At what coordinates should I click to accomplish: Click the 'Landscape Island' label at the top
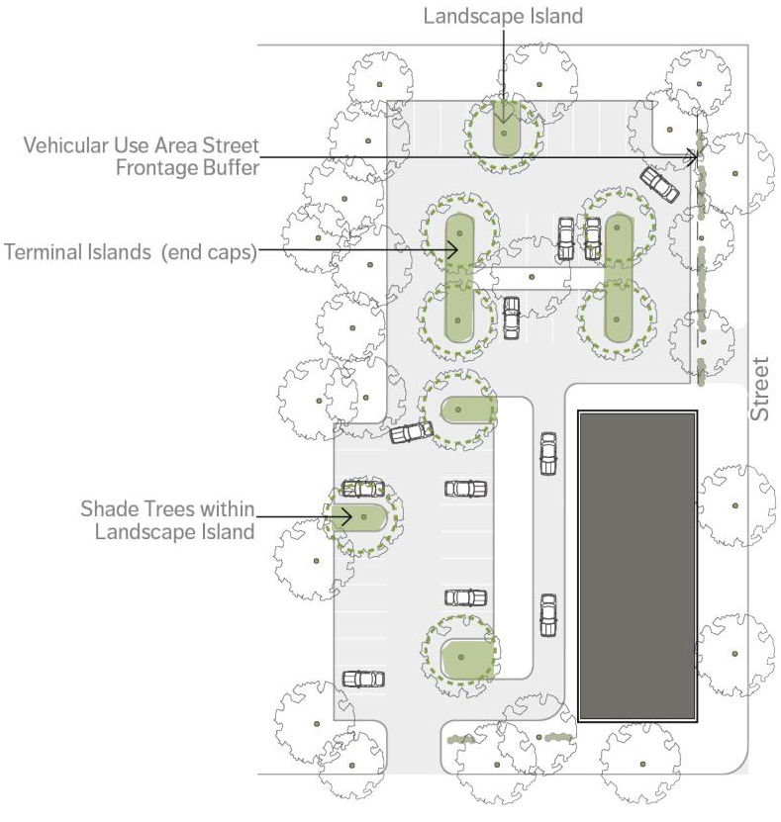[x=503, y=16]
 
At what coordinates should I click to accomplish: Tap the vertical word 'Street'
[x=759, y=389]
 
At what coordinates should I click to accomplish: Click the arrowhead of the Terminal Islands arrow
[x=453, y=250]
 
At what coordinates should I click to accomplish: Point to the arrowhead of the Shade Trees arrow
[x=346, y=517]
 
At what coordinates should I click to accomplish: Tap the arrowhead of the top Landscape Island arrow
[x=504, y=118]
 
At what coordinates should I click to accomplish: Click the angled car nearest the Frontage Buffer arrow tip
[x=659, y=184]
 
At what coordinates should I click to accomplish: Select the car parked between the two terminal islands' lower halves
[x=512, y=318]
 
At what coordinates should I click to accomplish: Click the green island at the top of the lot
[x=506, y=128]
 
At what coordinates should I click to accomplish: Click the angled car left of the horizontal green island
[x=411, y=432]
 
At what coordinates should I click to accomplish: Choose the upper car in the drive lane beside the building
[x=548, y=453]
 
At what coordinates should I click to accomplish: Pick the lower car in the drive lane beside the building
[x=548, y=615]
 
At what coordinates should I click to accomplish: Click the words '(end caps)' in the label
[x=209, y=252]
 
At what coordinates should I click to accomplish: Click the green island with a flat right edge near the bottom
[x=468, y=659]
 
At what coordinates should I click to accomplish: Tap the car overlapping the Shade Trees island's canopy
[x=363, y=489]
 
